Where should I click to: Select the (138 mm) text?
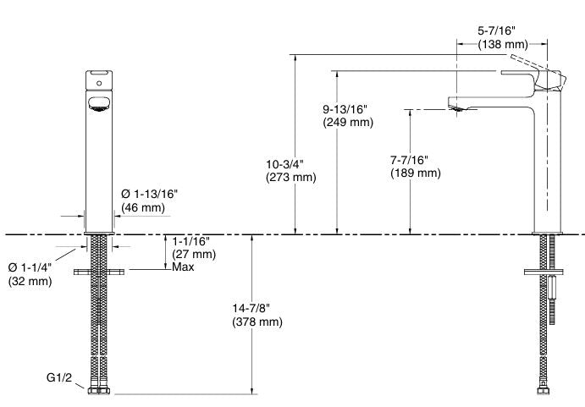coord(503,44)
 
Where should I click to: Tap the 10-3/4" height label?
coord(284,164)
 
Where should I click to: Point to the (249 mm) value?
coord(348,123)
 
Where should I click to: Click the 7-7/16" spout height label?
coord(409,160)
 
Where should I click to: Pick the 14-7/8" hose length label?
coord(251,308)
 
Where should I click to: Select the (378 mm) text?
coord(257,322)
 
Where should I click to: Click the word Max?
coord(183,267)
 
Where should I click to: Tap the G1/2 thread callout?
coord(59,377)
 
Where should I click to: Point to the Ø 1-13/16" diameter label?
coord(149,194)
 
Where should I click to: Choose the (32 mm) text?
coord(30,281)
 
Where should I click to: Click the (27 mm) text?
coord(194,255)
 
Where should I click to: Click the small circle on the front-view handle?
coord(99,84)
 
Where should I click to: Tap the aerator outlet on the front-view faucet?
coord(99,104)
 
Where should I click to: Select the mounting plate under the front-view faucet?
coord(99,272)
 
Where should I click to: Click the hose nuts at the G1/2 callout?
coord(99,391)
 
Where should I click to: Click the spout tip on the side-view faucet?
coord(456,108)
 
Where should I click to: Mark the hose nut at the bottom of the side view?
coord(544,391)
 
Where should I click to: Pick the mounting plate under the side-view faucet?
coord(544,272)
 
